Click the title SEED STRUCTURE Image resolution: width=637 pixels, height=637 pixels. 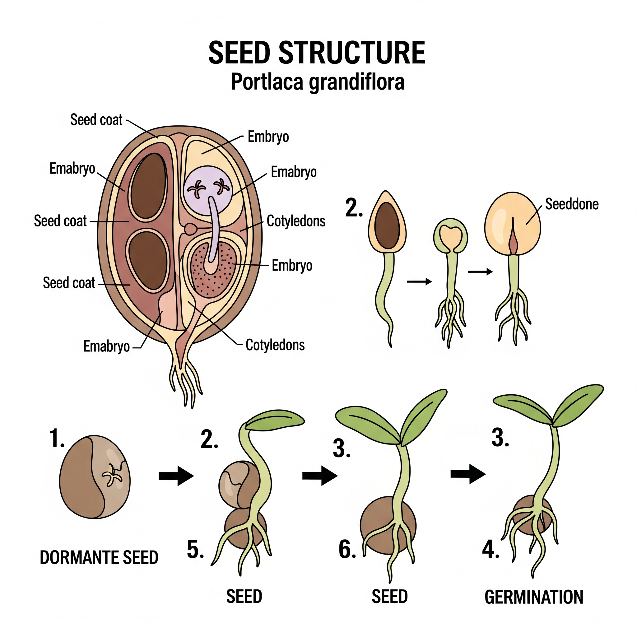pos(317,53)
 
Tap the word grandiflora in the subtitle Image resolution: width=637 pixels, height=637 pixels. pos(356,82)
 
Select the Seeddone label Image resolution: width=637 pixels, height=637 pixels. pos(571,204)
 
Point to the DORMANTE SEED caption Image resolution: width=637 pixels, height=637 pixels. pos(99,557)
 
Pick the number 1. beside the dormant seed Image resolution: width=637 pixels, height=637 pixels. pos(57,439)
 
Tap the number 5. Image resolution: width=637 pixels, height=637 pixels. pos(195,550)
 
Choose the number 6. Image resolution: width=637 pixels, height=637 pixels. pos(347,550)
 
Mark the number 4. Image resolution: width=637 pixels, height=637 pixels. pos(490,550)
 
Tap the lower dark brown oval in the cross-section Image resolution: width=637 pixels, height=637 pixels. pos(148,260)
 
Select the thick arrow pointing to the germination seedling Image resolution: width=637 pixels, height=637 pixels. pos(468,474)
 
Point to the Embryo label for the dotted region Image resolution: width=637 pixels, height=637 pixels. pos(292,265)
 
